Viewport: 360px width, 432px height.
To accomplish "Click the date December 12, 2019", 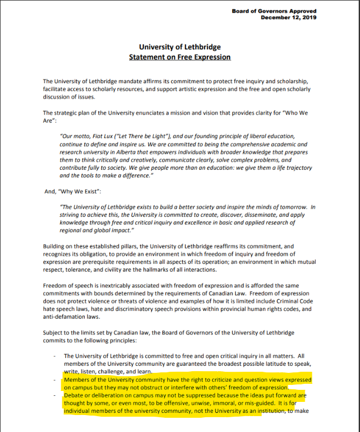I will click(x=288, y=18).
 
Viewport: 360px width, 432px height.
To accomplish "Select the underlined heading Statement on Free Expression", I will click(x=179, y=57).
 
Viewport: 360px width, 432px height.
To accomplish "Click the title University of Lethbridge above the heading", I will click(x=179, y=47).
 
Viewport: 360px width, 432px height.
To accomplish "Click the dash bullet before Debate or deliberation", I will click(x=55, y=394).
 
